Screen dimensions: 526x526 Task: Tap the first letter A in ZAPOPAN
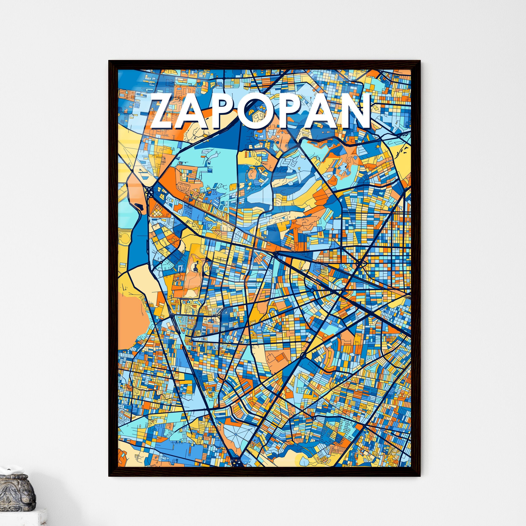[x=195, y=112]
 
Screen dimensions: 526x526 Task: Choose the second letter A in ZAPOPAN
[x=321, y=112]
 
